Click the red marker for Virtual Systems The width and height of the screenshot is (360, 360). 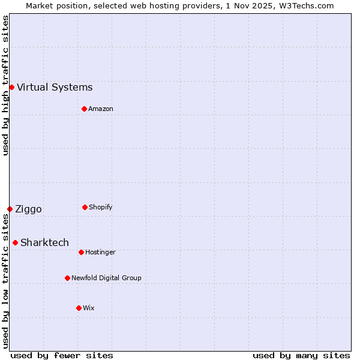tap(11, 87)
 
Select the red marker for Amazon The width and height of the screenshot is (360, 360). tap(84, 109)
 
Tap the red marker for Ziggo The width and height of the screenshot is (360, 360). tap(10, 209)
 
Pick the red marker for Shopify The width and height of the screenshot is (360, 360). tap(85, 207)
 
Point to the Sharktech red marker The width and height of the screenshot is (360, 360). tap(15, 242)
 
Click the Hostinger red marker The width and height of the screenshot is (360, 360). tap(81, 252)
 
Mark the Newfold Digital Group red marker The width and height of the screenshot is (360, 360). tap(67, 278)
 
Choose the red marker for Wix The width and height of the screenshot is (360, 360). tap(79, 308)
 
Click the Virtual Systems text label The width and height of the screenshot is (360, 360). tap(55, 88)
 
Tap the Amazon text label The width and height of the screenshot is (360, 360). tap(101, 109)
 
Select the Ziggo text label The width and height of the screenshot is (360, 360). tap(28, 209)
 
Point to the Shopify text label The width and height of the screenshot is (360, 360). tap(100, 207)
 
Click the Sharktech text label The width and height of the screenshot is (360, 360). tap(44, 243)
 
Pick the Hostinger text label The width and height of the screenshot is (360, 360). tap(100, 252)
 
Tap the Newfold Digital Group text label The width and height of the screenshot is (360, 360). tap(106, 278)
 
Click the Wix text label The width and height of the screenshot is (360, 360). tap(89, 308)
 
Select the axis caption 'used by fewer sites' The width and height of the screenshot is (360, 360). tap(62, 355)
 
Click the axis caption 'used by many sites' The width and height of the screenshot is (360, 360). tap(301, 355)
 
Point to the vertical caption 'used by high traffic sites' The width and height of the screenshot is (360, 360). tap(5, 85)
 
